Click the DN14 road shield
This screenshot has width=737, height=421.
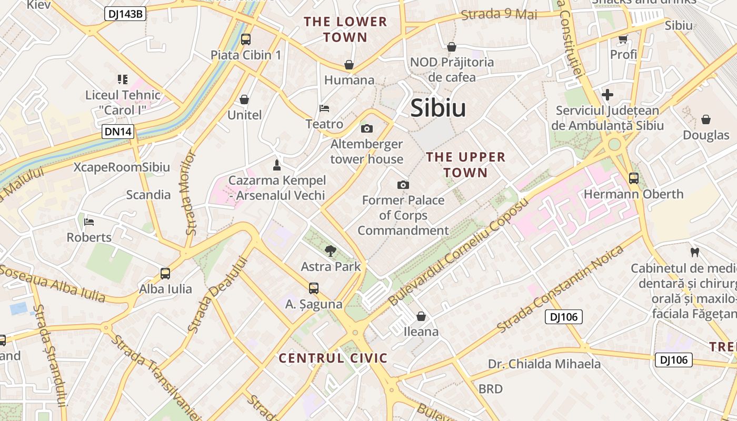tap(118, 132)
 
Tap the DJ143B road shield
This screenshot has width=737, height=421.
tap(125, 14)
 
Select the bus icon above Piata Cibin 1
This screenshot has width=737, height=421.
tap(246, 39)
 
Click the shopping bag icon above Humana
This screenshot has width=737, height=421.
tap(348, 65)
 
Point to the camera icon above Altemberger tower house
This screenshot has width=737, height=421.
tap(367, 128)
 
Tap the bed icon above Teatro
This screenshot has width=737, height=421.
tap(324, 108)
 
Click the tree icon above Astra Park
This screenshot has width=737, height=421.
tap(331, 250)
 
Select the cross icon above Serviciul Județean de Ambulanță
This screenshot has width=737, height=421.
tap(607, 95)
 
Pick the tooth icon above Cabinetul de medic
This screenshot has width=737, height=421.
tap(694, 252)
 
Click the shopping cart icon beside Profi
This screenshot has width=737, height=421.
tap(623, 38)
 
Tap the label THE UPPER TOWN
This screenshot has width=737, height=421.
tap(465, 165)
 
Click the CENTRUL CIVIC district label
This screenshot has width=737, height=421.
tap(333, 358)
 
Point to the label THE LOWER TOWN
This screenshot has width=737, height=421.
tap(345, 29)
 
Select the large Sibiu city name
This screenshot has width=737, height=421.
tap(438, 108)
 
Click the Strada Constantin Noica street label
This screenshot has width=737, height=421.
tap(560, 288)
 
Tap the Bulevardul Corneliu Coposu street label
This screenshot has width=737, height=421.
tap(458, 253)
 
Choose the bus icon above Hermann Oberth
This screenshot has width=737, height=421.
tap(634, 178)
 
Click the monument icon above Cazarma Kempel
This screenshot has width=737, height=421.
tap(276, 165)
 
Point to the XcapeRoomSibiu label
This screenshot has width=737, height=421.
tap(122, 167)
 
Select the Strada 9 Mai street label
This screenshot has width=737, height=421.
tap(499, 14)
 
